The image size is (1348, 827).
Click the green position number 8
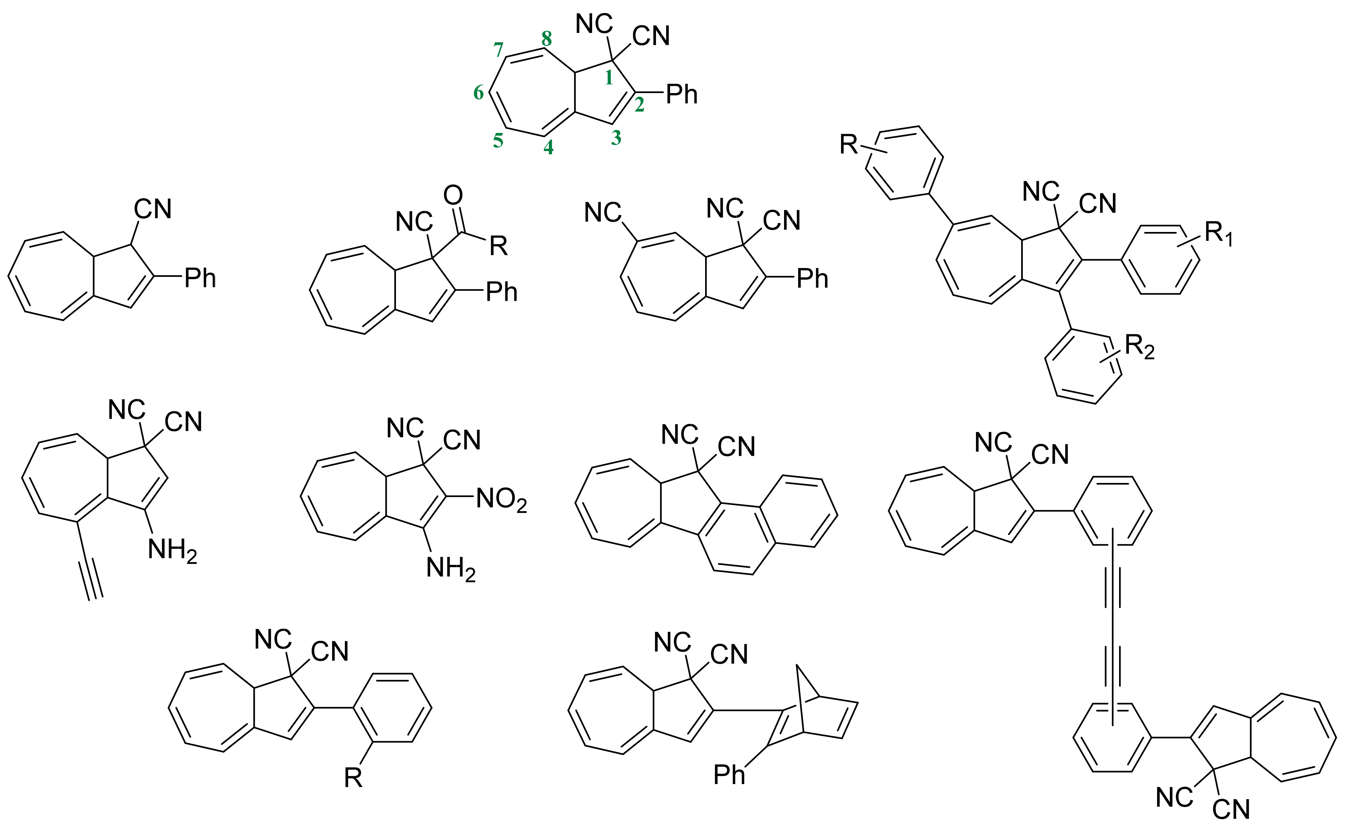click(x=547, y=39)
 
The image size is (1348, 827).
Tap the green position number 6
click(x=479, y=93)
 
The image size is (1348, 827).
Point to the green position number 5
click(x=498, y=141)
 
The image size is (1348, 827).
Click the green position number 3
click(x=616, y=138)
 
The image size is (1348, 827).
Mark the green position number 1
click(x=608, y=78)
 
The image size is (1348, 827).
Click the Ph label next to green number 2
click(x=682, y=95)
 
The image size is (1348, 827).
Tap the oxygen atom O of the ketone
click(x=453, y=195)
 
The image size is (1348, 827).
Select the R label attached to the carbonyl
click(x=498, y=246)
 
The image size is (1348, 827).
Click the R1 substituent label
click(x=1219, y=234)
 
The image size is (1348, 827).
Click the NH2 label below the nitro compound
click(x=451, y=569)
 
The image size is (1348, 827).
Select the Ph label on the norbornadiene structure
click(x=729, y=775)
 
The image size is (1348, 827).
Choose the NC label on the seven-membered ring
click(x=603, y=213)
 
